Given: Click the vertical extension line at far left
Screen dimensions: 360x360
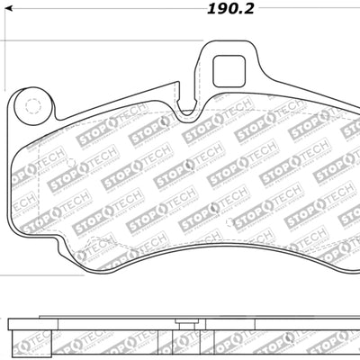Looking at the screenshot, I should coord(3,135).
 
